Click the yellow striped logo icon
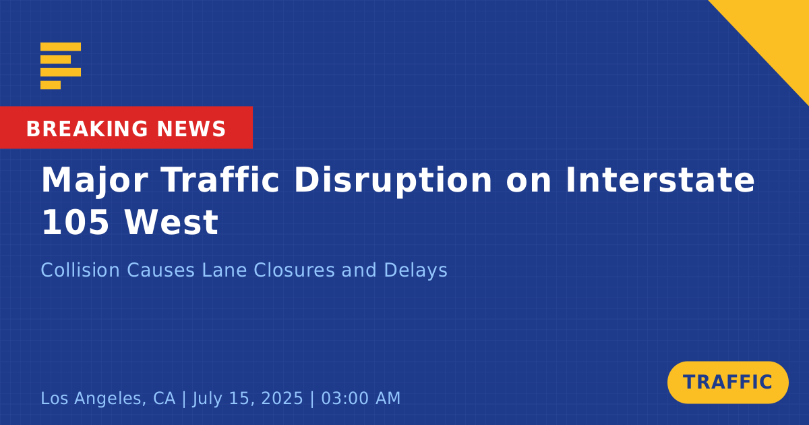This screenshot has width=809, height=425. [61, 66]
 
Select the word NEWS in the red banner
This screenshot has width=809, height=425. [191, 129]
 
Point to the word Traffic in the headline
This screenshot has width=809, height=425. [220, 179]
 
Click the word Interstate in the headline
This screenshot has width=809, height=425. [660, 179]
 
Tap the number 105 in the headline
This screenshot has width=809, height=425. [76, 222]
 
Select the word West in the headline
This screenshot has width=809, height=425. [171, 222]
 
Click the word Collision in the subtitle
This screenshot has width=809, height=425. [80, 270]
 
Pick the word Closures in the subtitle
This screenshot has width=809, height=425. [294, 270]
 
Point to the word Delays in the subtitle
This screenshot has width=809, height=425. [415, 271]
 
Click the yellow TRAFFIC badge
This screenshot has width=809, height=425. [727, 382]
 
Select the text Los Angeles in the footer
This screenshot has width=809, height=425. [94, 399]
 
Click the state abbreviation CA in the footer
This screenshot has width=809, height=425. [164, 398]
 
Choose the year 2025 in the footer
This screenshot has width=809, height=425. [282, 398]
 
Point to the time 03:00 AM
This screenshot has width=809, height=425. [361, 398]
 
